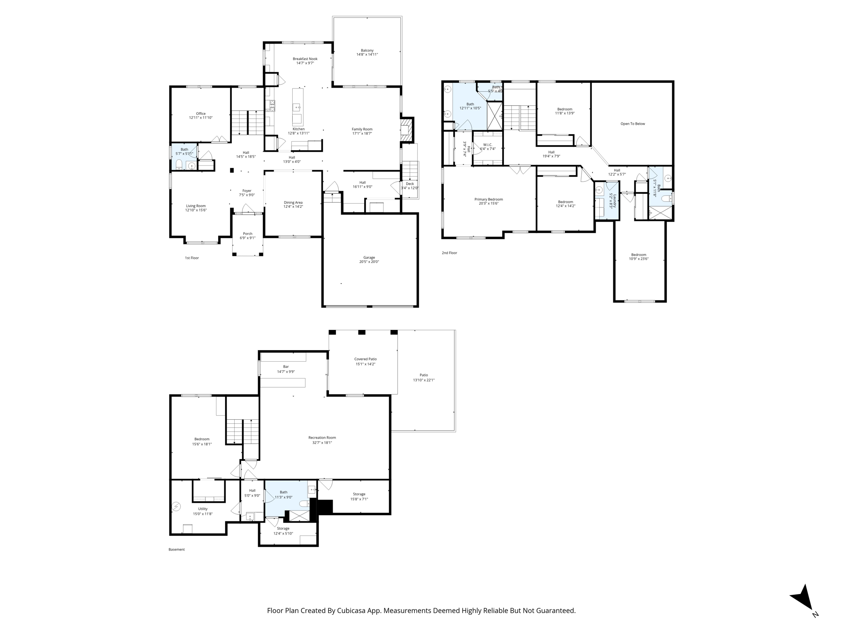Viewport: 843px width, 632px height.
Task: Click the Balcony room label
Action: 367,50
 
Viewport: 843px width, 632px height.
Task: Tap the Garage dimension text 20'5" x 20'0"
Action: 369,262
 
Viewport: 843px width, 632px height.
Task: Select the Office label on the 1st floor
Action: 200,114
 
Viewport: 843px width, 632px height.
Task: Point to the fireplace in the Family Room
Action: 406,130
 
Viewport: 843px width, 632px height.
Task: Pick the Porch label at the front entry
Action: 247,234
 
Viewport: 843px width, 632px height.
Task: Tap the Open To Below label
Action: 633,124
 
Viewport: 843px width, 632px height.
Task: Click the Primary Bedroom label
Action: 489,199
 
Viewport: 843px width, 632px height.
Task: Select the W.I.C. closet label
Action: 487,144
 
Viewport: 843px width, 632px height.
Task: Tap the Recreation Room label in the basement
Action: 322,438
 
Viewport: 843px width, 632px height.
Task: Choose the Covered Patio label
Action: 365,359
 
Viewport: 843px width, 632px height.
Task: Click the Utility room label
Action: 203,509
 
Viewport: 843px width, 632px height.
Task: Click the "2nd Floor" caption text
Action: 449,253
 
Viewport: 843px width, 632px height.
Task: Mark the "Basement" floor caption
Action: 177,550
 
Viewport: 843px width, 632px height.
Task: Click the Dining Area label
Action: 293,202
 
